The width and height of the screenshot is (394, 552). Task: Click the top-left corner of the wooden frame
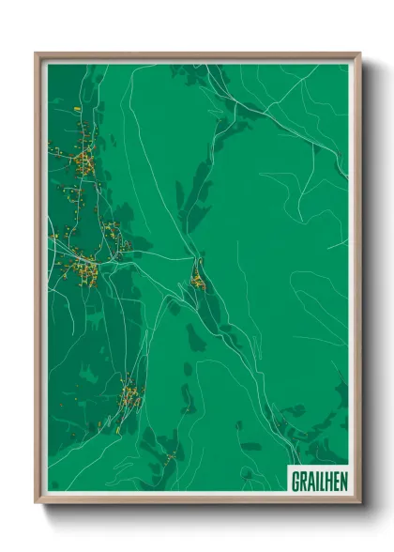(x=37, y=54)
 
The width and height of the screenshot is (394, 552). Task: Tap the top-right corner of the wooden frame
(x=359, y=54)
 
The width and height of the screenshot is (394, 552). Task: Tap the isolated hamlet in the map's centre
(x=198, y=278)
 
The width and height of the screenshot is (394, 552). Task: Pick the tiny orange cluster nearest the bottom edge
(x=171, y=456)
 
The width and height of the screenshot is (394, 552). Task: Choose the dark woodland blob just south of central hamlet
(x=195, y=336)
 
